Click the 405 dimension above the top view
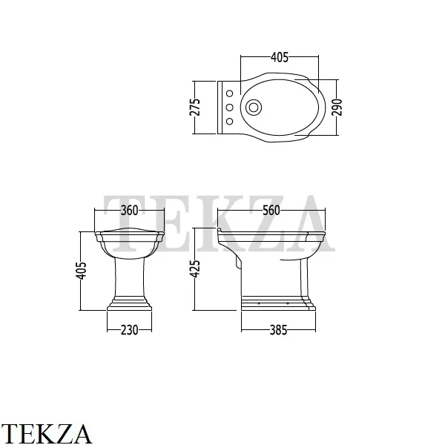[280, 57]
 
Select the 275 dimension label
[194, 107]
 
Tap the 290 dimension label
[337, 108]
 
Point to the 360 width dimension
[129, 211]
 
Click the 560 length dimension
[271, 211]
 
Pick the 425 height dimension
[194, 268]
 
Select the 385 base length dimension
[278, 330]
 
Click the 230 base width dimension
[129, 330]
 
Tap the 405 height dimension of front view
[81, 271]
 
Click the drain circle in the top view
[254, 108]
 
